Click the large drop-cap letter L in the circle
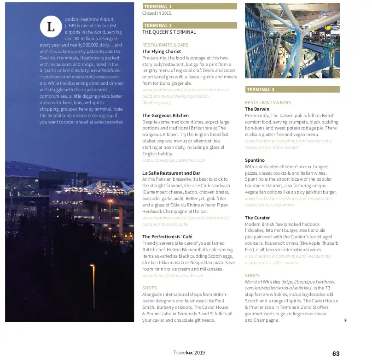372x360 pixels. [51, 27]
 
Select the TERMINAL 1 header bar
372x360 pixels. [190, 6]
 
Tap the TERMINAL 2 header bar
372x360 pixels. [190, 25]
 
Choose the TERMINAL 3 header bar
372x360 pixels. [292, 89]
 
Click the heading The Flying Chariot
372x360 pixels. [162, 52]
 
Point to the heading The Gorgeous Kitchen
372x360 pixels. [165, 115]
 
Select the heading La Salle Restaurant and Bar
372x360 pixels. [171, 173]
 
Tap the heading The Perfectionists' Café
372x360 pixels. [167, 236]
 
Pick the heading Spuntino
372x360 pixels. [255, 160]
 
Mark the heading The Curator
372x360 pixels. [257, 218]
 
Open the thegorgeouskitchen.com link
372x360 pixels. [173, 160]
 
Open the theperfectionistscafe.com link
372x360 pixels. [173, 275]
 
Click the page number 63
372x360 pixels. [336, 354]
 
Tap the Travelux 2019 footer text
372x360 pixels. [189, 353]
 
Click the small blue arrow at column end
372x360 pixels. [345, 320]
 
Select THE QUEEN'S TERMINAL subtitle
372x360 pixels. [169, 32]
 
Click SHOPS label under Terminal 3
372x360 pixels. [252, 275]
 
